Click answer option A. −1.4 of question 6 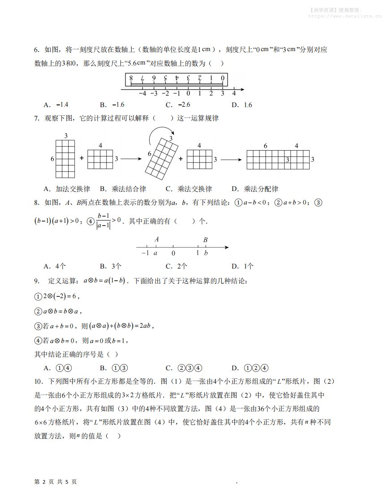(56, 105)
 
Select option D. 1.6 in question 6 (242, 105)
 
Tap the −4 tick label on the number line (142, 94)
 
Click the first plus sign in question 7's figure (82, 158)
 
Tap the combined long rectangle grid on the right (278, 160)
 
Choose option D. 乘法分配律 (254, 189)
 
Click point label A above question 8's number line (156, 240)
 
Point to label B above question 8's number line (205, 240)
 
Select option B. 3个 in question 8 (111, 266)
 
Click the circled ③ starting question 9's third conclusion (38, 326)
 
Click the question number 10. (39, 382)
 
